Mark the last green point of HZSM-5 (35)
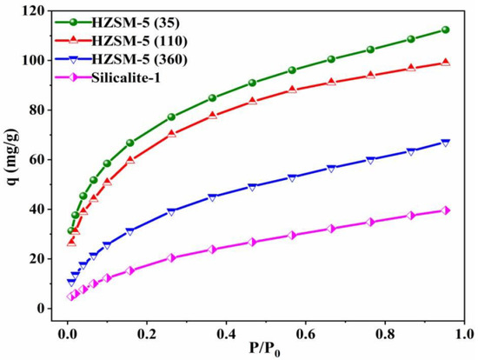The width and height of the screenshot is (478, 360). pos(446,30)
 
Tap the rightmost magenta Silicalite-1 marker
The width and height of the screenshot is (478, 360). pos(446,210)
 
